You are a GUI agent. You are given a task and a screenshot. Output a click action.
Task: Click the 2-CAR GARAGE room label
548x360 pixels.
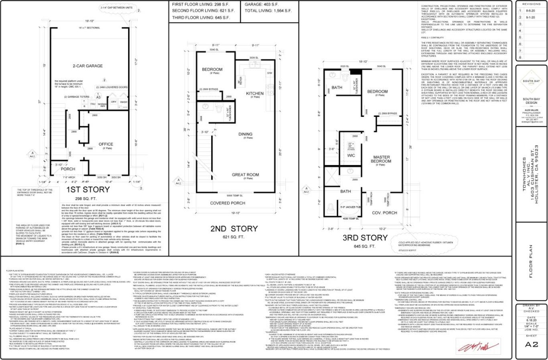[88, 66]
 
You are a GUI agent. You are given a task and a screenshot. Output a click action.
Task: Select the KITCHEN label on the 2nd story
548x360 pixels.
[255, 94]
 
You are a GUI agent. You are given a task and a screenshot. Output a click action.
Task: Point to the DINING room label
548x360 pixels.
[245, 134]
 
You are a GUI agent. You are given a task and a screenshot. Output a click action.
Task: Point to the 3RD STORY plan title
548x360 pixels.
[365, 237]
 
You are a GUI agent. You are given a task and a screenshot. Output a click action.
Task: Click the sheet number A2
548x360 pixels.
[532, 344]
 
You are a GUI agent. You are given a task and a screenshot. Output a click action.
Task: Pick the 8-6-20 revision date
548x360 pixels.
[532, 11]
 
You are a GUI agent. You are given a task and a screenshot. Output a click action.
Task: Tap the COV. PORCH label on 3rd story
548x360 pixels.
[384, 213]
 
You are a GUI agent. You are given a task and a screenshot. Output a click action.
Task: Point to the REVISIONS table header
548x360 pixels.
[531, 4]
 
